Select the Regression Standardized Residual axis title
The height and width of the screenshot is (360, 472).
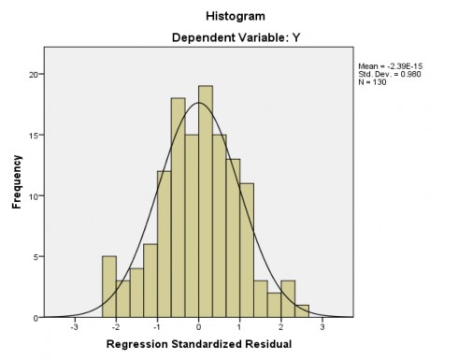[x=198, y=344]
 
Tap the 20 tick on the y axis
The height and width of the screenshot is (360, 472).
[x=34, y=75]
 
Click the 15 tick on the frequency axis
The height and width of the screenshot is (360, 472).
[x=34, y=136]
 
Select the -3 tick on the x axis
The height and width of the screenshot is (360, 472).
[x=75, y=327]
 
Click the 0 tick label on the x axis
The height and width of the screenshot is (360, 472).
[x=198, y=327]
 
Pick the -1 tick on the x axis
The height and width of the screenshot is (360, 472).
[x=157, y=327]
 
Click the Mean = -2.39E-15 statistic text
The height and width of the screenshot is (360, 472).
[x=386, y=65]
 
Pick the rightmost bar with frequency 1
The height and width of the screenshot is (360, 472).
[x=302, y=310]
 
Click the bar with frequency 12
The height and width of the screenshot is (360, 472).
[x=164, y=243]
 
